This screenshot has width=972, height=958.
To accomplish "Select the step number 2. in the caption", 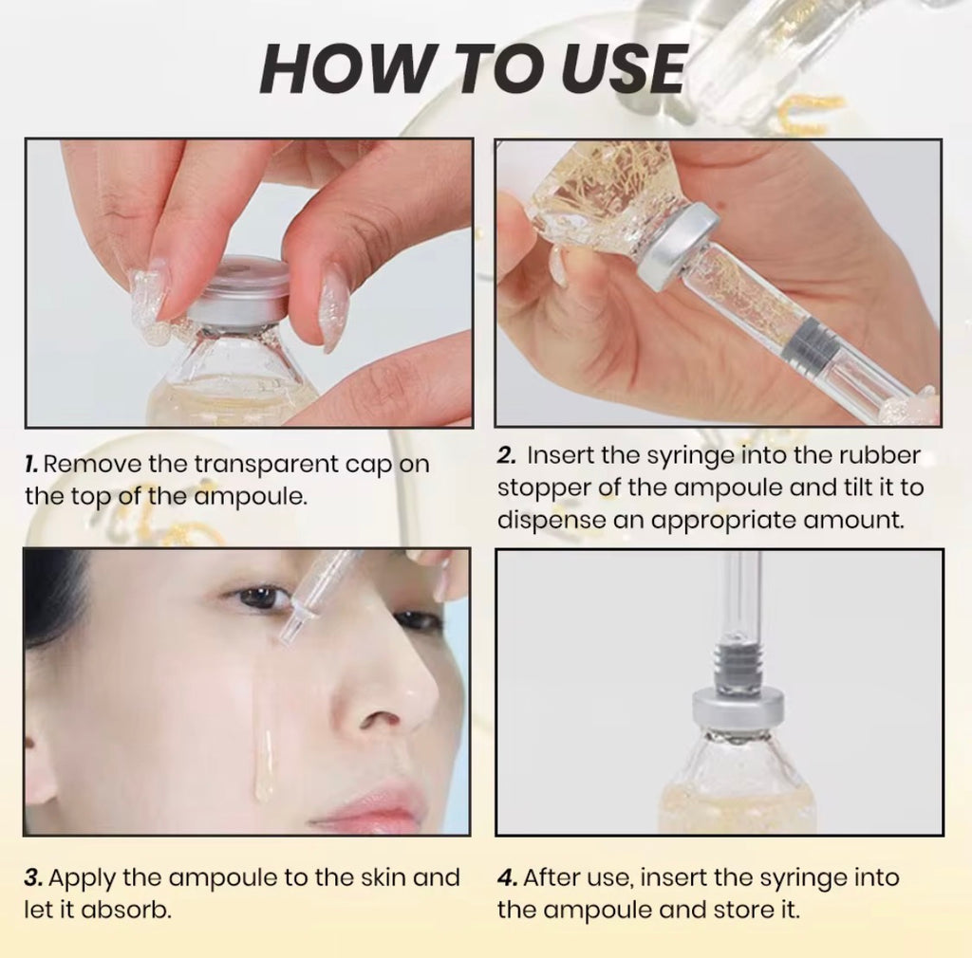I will tap(507, 455).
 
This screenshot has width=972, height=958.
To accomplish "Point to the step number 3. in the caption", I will tap(32, 877).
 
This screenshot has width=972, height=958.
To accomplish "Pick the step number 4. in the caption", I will tap(507, 877).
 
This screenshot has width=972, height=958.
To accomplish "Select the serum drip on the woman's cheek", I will tap(265, 764).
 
